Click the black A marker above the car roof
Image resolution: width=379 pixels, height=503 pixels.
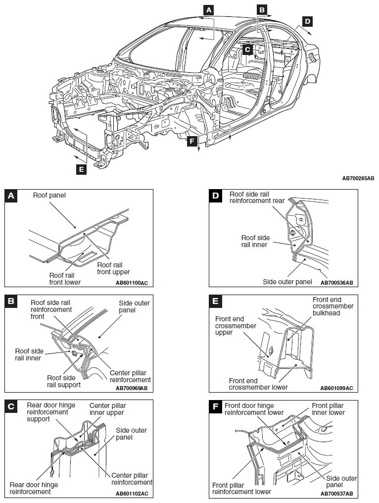(x=209, y=9)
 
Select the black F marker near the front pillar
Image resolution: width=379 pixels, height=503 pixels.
(x=192, y=142)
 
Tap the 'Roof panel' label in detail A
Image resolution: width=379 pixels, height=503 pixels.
(x=49, y=195)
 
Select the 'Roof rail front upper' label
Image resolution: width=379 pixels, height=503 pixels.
(x=114, y=268)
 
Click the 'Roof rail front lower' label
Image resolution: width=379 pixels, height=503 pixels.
(x=65, y=279)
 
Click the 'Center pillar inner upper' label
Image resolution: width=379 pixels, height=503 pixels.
(x=107, y=408)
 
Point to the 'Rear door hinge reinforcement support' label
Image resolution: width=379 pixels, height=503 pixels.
(x=51, y=412)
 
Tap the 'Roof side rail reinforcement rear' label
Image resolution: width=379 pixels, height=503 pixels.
(x=257, y=198)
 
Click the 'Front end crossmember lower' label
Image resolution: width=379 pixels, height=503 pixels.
(x=258, y=384)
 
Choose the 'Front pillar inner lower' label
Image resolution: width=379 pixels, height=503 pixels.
(x=328, y=408)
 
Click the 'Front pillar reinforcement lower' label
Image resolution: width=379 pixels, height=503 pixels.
(x=241, y=488)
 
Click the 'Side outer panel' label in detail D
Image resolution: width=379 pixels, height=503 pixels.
(x=287, y=282)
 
